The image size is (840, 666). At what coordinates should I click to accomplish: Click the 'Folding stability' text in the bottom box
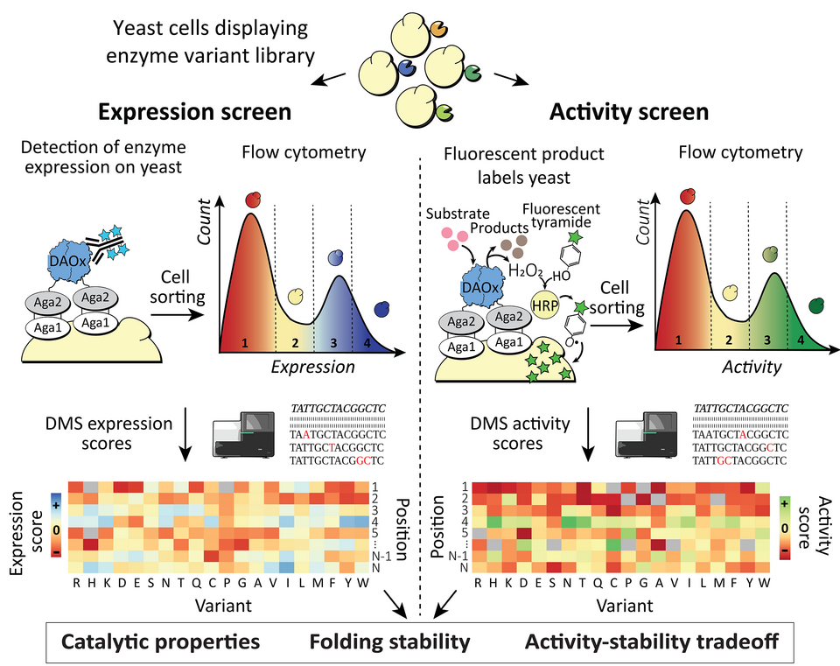pos(389,641)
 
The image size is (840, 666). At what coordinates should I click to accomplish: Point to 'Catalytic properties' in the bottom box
pos(161,641)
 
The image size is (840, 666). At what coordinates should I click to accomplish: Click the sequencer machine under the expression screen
pos(249,436)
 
